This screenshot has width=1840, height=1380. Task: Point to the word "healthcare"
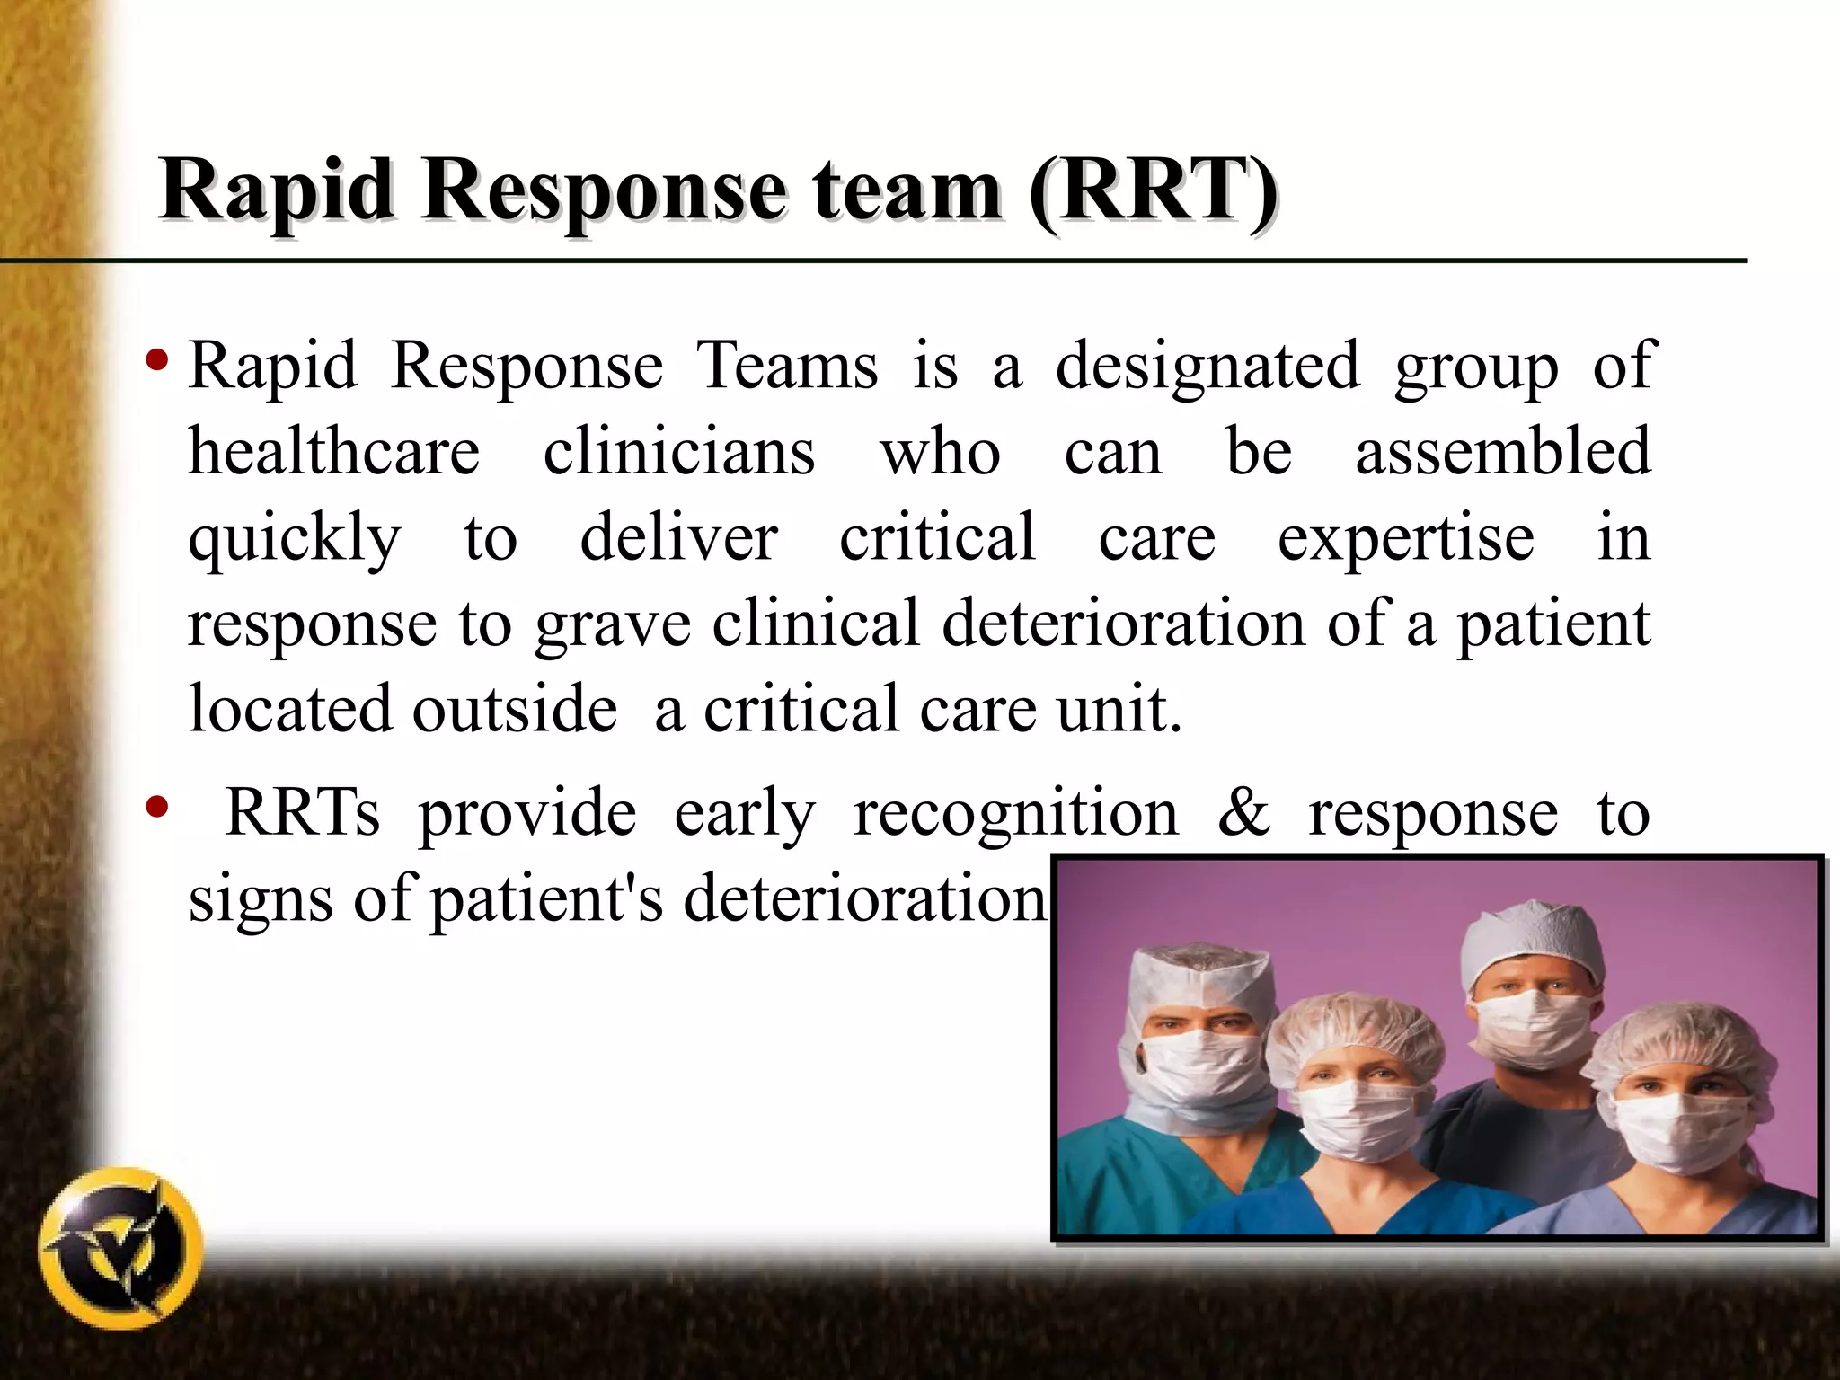pyautogui.click(x=333, y=451)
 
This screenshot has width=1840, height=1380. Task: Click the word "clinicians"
pyautogui.click(x=679, y=451)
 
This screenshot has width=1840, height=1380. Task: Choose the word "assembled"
pyautogui.click(x=1502, y=451)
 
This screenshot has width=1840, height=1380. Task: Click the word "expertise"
pyautogui.click(x=1406, y=537)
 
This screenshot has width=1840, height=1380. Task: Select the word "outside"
pyautogui.click(x=515, y=709)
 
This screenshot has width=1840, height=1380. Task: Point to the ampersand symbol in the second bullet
pyautogui.click(x=1244, y=812)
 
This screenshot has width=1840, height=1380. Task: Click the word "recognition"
pyautogui.click(x=1015, y=812)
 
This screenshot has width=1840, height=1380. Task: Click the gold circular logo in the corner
pyautogui.click(x=121, y=1250)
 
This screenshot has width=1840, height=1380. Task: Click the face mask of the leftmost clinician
pyautogui.click(x=1193, y=1069)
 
